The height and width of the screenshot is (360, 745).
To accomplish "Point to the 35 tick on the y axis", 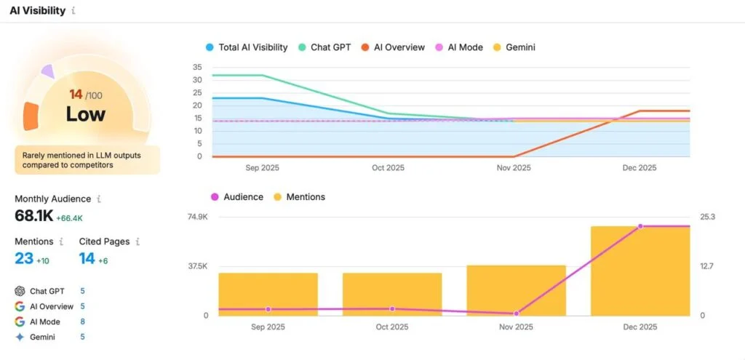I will tap(197, 67).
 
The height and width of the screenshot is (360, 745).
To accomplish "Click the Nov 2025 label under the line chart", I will tap(514, 168).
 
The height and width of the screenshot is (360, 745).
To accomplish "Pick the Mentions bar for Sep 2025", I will tap(268, 294).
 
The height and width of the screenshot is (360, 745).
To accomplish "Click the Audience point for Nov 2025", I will tap(516, 313).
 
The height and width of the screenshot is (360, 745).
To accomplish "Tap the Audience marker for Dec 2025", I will tap(640, 226).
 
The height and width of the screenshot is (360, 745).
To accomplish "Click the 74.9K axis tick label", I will tap(197, 217).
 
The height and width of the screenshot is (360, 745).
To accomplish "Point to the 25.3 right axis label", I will tap(707, 217).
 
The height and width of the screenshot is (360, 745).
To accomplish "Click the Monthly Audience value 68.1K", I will tap(33, 216).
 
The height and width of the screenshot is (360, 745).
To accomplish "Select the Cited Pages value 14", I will tap(87, 258).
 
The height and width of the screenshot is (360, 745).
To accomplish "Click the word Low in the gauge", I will tap(85, 114).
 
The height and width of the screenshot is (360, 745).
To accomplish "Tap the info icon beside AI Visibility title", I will tap(73, 11).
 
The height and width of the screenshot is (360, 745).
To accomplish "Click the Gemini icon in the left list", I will tap(20, 337).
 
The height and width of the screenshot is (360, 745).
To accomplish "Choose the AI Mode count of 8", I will tap(82, 321).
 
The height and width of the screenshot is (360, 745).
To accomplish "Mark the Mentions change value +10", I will tap(43, 260).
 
